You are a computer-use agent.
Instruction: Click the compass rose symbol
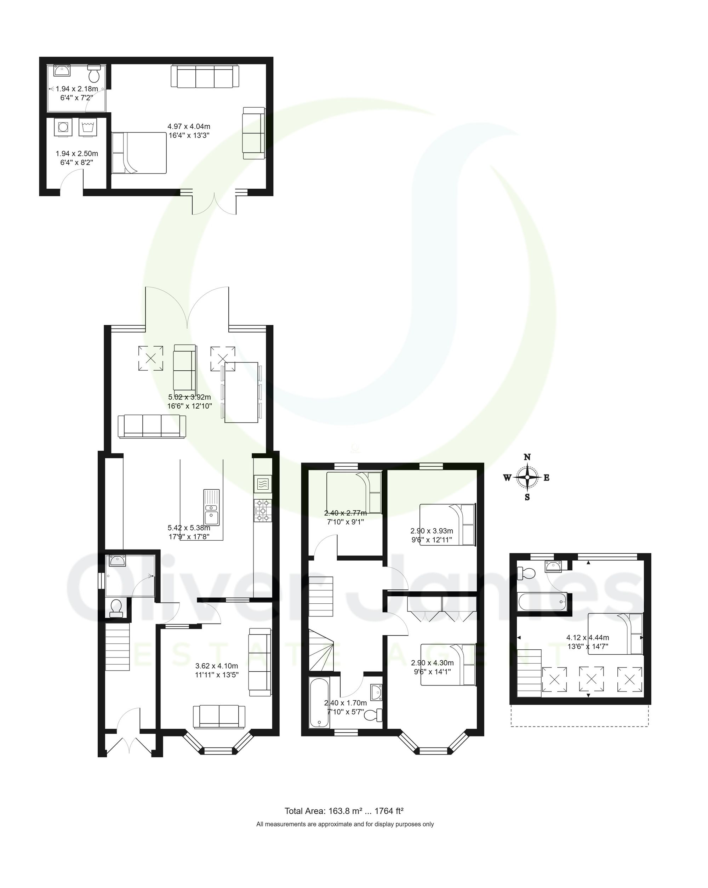[x=527, y=477]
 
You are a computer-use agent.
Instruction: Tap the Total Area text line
[x=344, y=811]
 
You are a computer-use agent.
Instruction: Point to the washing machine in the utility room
[x=63, y=127]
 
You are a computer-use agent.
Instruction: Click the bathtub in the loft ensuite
[x=542, y=602]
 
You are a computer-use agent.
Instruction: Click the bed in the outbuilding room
[x=139, y=153]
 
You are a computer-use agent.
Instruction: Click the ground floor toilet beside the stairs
[x=116, y=608]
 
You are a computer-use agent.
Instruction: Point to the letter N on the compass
[x=527, y=457]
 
